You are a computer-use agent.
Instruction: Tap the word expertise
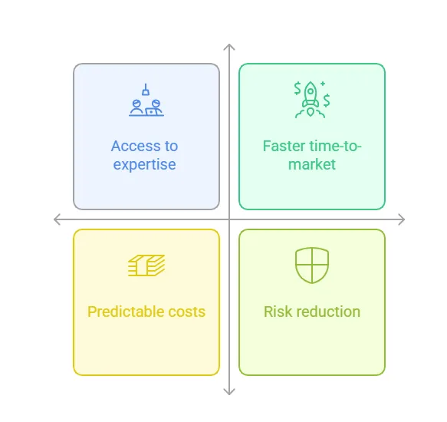coord(145,165)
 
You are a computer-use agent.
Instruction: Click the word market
coord(312,164)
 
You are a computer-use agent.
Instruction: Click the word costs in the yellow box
coord(187,312)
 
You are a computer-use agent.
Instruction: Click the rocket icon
coord(311,98)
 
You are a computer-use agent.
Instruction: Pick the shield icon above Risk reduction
coord(312,264)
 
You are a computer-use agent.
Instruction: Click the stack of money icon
coord(146,265)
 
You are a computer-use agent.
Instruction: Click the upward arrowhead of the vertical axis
coord(229,47)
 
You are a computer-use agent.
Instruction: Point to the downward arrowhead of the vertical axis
coord(229,392)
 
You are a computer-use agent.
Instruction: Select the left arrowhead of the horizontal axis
coord(57,219)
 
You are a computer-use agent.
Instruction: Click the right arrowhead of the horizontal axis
coord(402,219)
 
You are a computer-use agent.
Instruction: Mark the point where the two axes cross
coord(229,219)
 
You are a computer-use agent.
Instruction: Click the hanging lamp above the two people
coord(146,90)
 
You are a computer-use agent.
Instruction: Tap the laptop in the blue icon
coord(151,111)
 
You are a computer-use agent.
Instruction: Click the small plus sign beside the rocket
coord(323,84)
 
